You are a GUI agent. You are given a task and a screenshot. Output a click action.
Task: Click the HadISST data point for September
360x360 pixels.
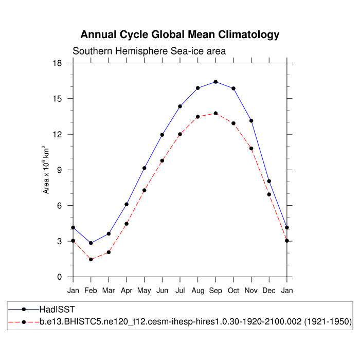tap(215, 82)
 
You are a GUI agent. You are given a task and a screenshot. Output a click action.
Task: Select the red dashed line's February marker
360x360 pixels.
tap(91, 259)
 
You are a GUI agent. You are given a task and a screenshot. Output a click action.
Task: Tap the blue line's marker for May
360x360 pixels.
tap(145, 168)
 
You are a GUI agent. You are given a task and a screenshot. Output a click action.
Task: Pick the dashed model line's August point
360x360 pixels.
tap(198, 117)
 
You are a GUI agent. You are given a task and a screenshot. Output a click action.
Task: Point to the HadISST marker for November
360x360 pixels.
tap(251, 121)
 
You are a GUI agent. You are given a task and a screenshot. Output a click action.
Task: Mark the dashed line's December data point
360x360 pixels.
tap(269, 194)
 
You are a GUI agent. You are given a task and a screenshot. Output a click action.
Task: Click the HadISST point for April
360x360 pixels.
tap(127, 204)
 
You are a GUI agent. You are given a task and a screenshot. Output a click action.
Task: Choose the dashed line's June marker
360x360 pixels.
tap(162, 160)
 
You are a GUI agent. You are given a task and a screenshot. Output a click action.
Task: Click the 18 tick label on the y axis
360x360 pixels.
tap(57, 63)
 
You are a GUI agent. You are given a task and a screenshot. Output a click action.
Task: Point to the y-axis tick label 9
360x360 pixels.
tap(60, 170)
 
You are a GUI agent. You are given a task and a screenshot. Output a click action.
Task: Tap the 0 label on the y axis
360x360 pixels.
tap(60, 277)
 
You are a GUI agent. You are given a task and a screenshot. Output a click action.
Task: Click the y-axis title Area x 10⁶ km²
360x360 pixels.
tap(47, 170)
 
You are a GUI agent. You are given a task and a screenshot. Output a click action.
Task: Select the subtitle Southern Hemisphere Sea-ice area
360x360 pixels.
tap(149, 51)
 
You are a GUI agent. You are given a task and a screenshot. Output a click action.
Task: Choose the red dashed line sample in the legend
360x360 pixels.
tap(24, 322)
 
